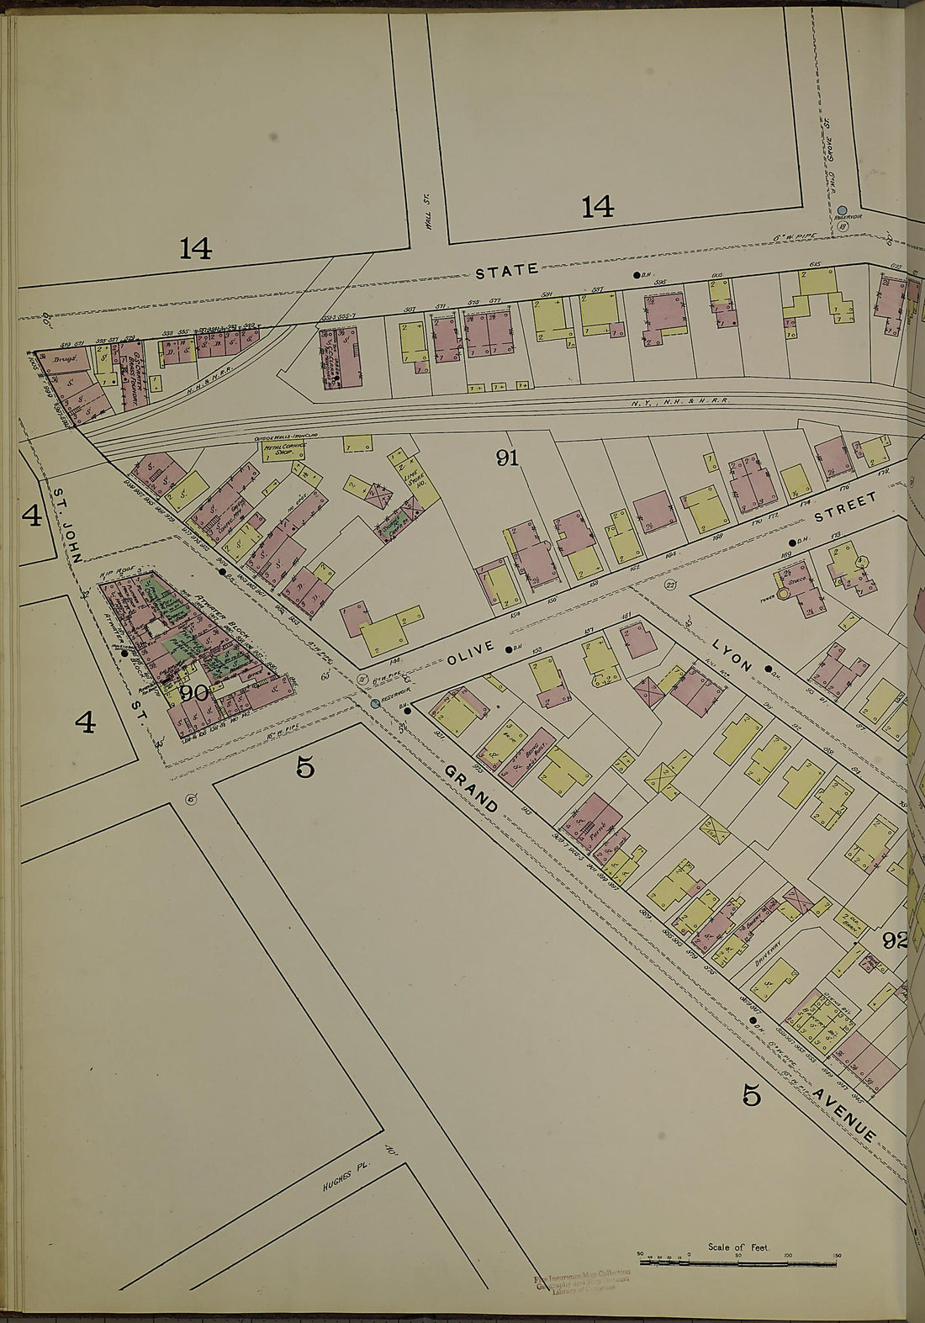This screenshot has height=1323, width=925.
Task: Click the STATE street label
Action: (x=506, y=271)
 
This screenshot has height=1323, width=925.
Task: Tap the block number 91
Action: (x=507, y=458)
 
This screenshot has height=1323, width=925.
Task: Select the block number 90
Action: (x=194, y=694)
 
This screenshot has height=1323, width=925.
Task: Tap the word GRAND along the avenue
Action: (x=471, y=790)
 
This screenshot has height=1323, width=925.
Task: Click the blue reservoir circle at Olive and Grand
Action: (x=375, y=703)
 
